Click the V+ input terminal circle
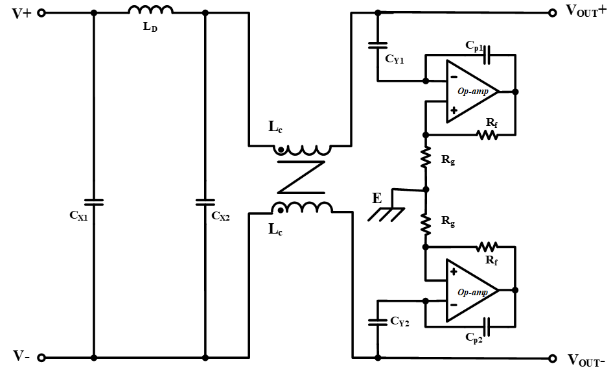(41, 13)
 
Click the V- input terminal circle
(41, 358)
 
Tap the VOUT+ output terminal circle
(552, 12)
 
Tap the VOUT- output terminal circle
(552, 358)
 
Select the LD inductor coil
(150, 10)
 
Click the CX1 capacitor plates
(94, 202)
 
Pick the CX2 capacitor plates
(205, 202)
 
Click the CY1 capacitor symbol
(378, 45)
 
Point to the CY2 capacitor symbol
(378, 321)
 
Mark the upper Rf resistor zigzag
(487, 135)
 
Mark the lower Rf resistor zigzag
(487, 247)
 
